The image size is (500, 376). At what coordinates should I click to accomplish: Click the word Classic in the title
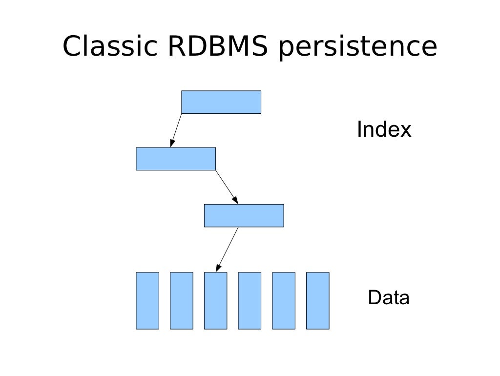coord(110,47)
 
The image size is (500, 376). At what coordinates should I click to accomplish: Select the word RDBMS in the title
coord(217,47)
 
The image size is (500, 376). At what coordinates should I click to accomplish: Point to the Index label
coord(384,130)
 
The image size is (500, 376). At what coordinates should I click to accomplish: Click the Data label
coord(389,297)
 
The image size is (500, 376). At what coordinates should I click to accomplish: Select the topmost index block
coord(221,102)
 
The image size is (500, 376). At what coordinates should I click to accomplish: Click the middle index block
coord(176,159)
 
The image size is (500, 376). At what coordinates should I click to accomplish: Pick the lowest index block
coord(244,215)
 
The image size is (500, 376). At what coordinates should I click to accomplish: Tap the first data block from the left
coord(147,300)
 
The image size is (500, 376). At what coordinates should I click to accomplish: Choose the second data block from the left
coord(181,300)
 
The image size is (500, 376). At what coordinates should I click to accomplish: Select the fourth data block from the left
coord(250,300)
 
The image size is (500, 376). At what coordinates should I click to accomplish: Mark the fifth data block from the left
coord(284,300)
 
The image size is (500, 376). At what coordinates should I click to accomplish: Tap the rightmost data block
coord(317,300)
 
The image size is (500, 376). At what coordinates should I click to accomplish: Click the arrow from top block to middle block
coord(176,129)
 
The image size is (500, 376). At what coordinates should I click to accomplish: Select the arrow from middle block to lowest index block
coord(226,187)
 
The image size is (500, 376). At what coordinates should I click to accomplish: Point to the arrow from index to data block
coord(228,249)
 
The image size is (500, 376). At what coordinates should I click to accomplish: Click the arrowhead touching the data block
coord(218,268)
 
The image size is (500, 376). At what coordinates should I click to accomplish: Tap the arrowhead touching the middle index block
coord(172,143)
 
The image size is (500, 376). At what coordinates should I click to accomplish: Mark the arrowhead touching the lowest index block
coord(235,200)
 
